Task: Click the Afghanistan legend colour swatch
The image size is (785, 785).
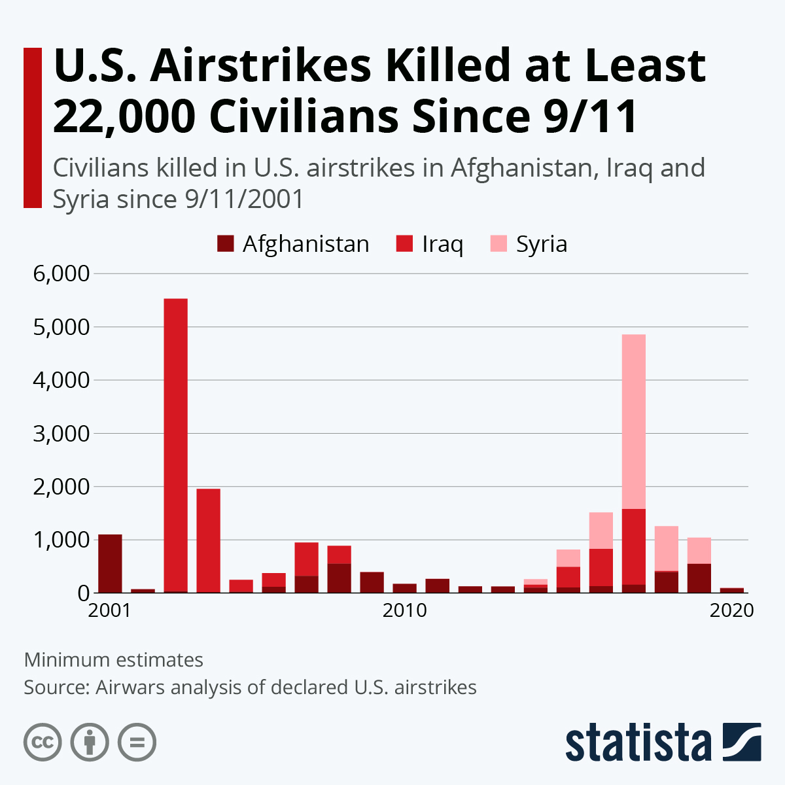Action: pyautogui.click(x=225, y=244)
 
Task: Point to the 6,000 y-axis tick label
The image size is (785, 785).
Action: pyautogui.click(x=61, y=273)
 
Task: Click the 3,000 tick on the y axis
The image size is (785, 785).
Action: pyautogui.click(x=61, y=433)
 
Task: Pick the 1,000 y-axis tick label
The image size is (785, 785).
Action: pyautogui.click(x=61, y=540)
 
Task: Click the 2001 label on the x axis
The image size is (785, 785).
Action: pyautogui.click(x=110, y=610)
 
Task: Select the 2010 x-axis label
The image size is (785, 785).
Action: pyautogui.click(x=404, y=610)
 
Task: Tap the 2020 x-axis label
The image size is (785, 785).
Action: pyautogui.click(x=731, y=610)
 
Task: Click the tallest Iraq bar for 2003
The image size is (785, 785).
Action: pyautogui.click(x=175, y=445)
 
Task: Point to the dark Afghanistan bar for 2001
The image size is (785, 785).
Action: pyautogui.click(x=110, y=563)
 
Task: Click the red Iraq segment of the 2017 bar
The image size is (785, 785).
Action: pyautogui.click(x=633, y=546)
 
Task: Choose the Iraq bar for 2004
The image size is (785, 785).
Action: pyautogui.click(x=208, y=540)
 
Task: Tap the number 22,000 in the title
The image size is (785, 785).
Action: pyautogui.click(x=124, y=116)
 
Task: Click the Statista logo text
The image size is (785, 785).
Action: pyautogui.click(x=638, y=742)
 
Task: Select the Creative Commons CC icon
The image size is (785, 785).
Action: pyautogui.click(x=43, y=742)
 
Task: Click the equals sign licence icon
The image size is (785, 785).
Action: pyautogui.click(x=137, y=742)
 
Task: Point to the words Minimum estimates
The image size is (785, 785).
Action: pyautogui.click(x=114, y=659)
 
